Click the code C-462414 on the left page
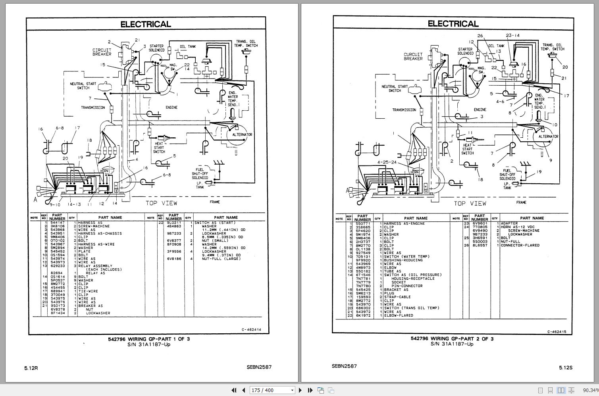pos(251,329)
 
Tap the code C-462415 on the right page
pos(557,332)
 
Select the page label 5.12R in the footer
pos(31,368)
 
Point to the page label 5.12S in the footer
pos(566,367)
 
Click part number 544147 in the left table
pos(57,223)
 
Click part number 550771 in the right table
pos(363,223)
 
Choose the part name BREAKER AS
pos(90,306)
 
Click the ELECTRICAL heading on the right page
pos(453,24)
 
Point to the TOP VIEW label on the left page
pos(161,203)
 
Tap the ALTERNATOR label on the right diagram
pos(548,136)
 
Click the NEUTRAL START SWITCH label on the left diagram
pos(83,86)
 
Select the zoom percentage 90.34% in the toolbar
pos(590,390)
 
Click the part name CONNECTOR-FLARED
pos(520,245)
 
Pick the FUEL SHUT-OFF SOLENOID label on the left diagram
pos(200,174)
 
